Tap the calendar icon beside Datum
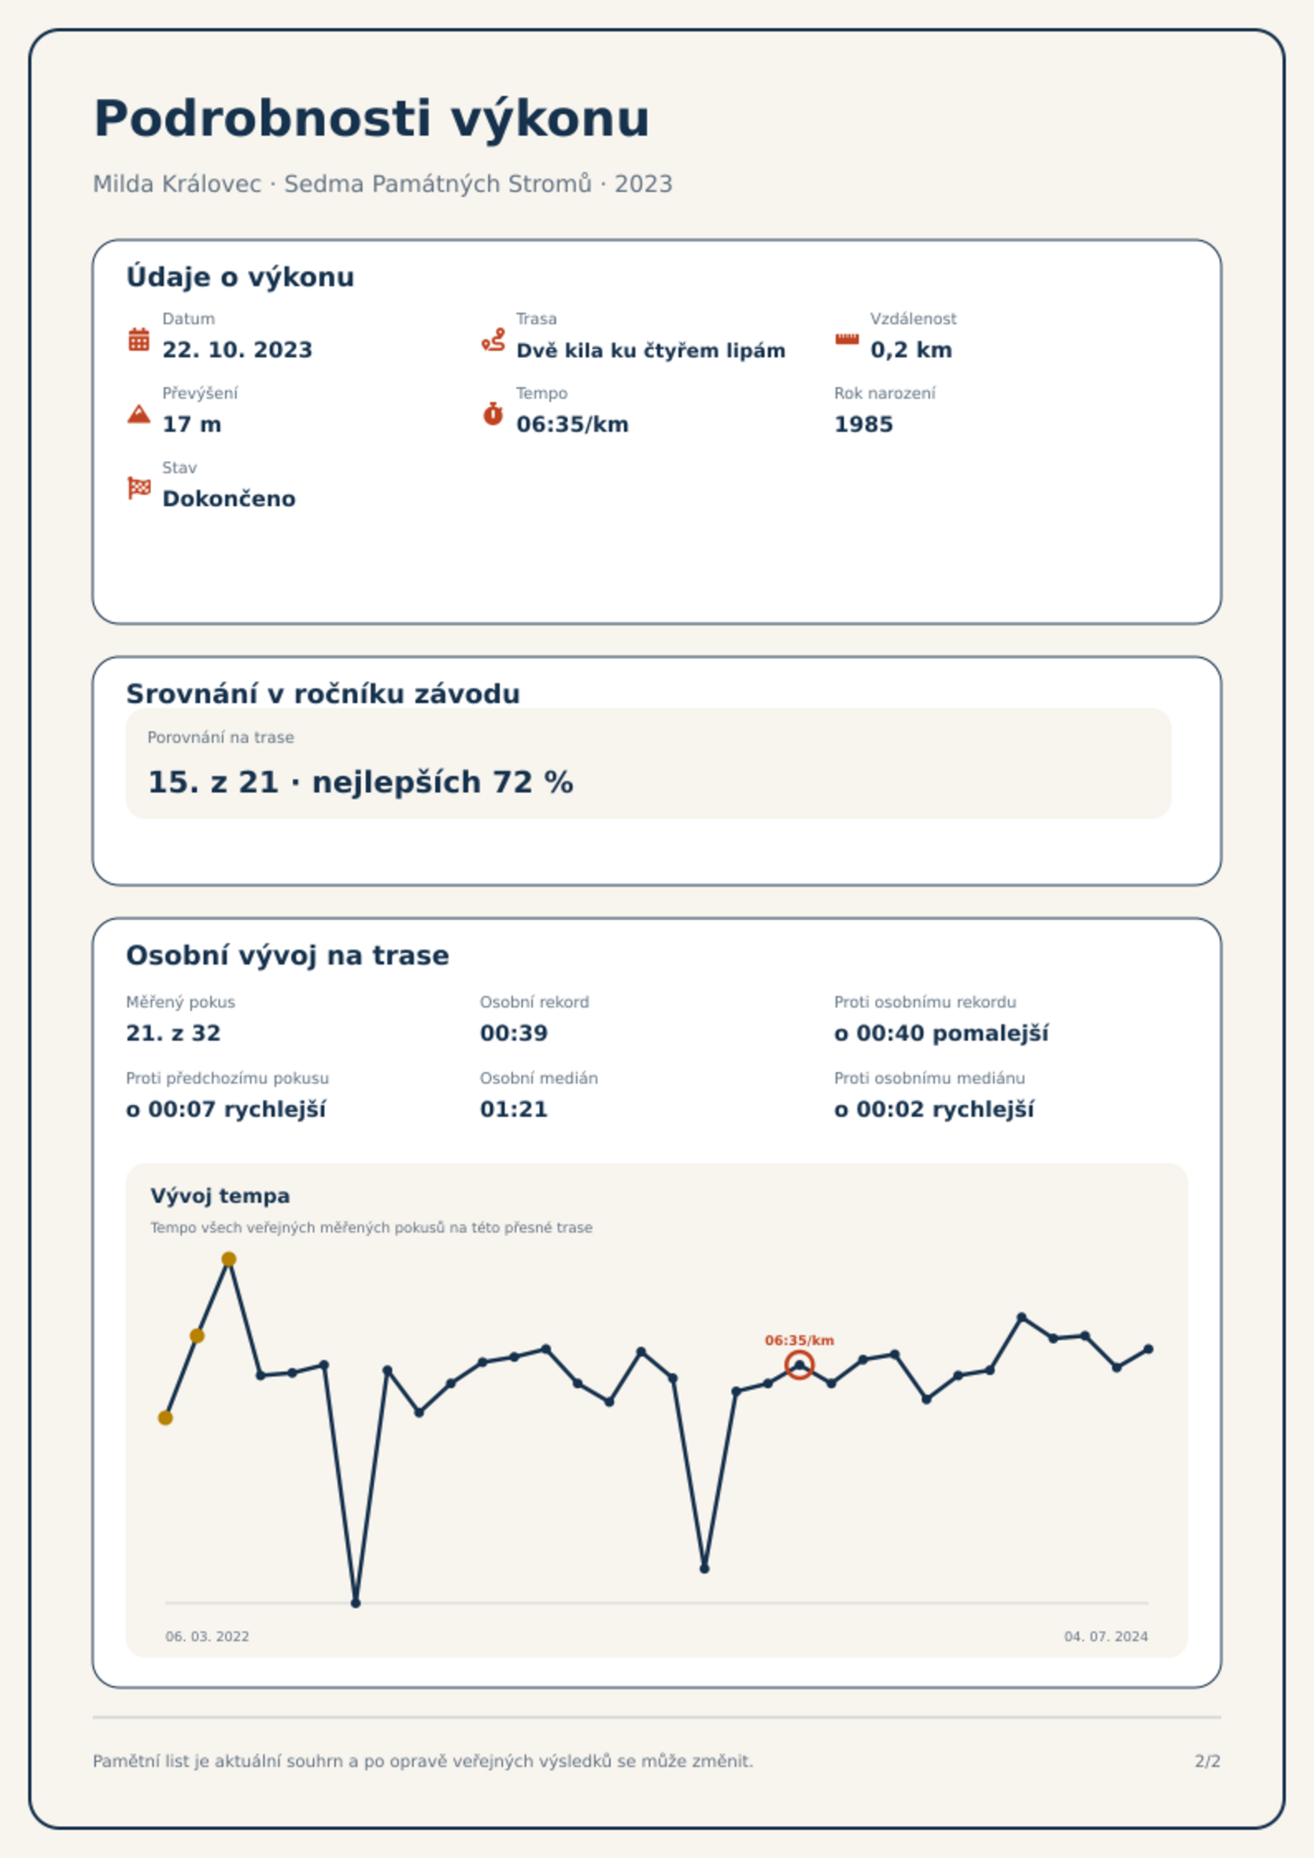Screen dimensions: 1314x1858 pyautogui.click(x=139, y=339)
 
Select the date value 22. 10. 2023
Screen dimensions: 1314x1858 pyautogui.click(x=237, y=350)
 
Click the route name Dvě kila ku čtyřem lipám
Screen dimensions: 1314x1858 pyautogui.click(x=650, y=351)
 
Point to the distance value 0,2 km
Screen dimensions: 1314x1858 pyautogui.click(x=911, y=350)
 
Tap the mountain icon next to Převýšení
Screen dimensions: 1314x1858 pyautogui.click(x=139, y=414)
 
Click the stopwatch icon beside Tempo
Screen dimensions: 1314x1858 pyautogui.click(x=493, y=413)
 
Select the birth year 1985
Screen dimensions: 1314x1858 pyautogui.click(x=863, y=424)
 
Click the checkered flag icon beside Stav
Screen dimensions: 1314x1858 pyautogui.click(x=139, y=488)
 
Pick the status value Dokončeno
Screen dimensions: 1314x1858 pyautogui.click(x=229, y=499)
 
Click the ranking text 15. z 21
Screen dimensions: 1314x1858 pyautogui.click(x=213, y=783)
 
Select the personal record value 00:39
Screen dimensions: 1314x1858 pyautogui.click(x=514, y=1033)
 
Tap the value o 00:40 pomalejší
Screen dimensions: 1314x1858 pyautogui.click(x=941, y=1034)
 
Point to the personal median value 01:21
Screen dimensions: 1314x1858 pyautogui.click(x=514, y=1109)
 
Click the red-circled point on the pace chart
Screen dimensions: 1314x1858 pyautogui.click(x=799, y=1365)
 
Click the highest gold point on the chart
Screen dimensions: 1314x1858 pyautogui.click(x=229, y=1259)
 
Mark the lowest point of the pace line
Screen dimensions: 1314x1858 pyautogui.click(x=356, y=1603)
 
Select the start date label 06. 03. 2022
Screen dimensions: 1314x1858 pyautogui.click(x=207, y=1636)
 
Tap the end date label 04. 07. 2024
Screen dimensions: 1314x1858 pyautogui.click(x=1106, y=1636)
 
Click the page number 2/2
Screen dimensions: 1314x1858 pyautogui.click(x=1207, y=1761)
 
